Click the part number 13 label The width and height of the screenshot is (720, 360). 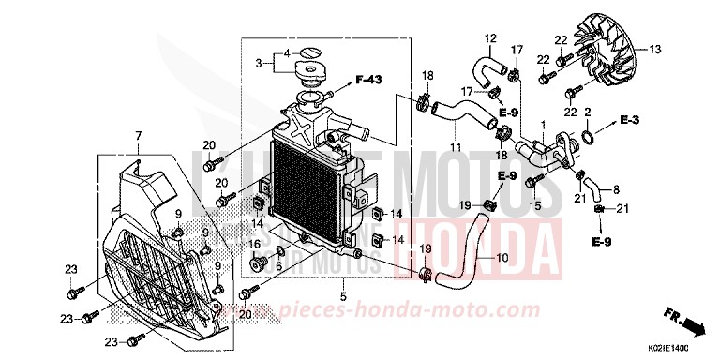point(655,49)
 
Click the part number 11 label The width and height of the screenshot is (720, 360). point(456,147)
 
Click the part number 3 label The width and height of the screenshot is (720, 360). point(260,64)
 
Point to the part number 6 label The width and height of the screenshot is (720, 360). point(278,265)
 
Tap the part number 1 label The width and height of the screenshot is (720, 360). point(542,125)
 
